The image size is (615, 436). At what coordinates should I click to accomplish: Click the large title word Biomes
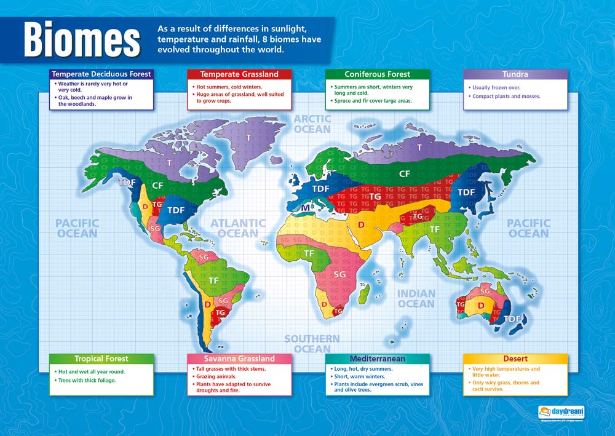click(x=81, y=40)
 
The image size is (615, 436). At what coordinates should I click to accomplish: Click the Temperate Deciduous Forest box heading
click(x=101, y=74)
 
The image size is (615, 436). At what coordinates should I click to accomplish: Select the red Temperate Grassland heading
click(x=239, y=74)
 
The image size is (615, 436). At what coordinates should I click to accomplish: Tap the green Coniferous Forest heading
click(x=377, y=74)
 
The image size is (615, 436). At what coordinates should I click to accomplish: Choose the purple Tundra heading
click(x=515, y=74)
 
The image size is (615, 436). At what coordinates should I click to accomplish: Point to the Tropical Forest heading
click(x=101, y=359)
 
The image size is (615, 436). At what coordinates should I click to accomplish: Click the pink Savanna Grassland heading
click(x=239, y=359)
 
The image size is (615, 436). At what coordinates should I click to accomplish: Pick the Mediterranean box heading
click(x=377, y=359)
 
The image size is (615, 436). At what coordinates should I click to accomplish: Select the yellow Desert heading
click(x=515, y=359)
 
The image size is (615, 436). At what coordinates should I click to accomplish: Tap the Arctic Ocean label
click(x=312, y=124)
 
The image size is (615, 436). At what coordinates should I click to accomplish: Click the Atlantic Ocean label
click(x=238, y=228)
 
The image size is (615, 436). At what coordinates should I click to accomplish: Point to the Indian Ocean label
click(x=416, y=299)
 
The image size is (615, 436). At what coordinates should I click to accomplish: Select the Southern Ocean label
click(x=312, y=344)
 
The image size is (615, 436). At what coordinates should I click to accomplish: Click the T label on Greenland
click(x=248, y=138)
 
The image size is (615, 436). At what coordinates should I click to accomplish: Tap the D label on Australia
click(x=482, y=306)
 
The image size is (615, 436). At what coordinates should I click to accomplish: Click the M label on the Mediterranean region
click(x=304, y=208)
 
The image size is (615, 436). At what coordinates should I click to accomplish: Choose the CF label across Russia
click(x=404, y=174)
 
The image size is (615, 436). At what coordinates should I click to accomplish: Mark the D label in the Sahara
click(x=361, y=225)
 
